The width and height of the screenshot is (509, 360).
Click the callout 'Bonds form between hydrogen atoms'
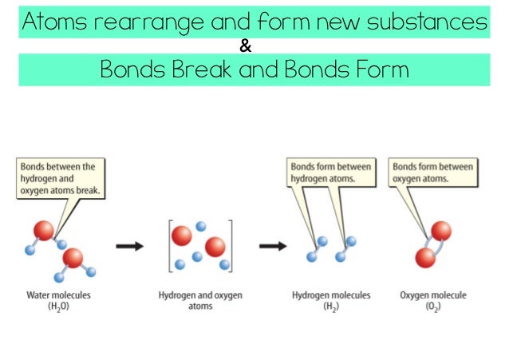[331, 172]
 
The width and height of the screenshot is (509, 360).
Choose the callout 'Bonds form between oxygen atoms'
[432, 172]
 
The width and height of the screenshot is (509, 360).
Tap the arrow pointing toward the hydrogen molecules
[273, 246]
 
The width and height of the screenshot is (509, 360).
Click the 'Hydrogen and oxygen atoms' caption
[200, 300]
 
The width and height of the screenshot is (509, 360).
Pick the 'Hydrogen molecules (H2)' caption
[331, 300]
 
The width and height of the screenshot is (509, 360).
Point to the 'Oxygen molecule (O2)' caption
[433, 300]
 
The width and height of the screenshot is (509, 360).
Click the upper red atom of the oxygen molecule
[441, 231]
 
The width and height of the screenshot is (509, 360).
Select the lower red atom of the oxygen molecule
[425, 258]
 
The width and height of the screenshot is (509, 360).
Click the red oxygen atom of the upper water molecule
[45, 231]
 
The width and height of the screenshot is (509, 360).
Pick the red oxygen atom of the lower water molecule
[73, 258]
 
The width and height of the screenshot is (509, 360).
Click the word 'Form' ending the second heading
[378, 70]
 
